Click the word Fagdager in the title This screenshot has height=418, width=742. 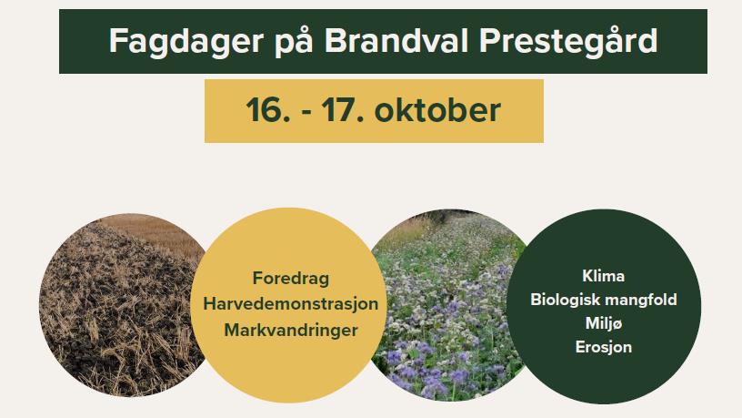pyautogui.click(x=186, y=42)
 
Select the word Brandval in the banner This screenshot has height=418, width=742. pyautogui.click(x=396, y=40)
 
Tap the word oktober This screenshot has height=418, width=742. pyautogui.click(x=437, y=110)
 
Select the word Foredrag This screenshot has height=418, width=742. pyautogui.click(x=291, y=278)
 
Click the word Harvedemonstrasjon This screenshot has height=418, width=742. pyautogui.click(x=291, y=304)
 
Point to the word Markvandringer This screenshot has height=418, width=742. pyautogui.click(x=291, y=331)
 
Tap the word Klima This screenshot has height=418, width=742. pyautogui.click(x=604, y=276)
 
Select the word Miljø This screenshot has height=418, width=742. pyautogui.click(x=604, y=323)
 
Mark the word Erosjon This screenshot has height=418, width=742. pyautogui.click(x=604, y=347)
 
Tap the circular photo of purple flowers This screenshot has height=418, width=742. pyautogui.click(x=447, y=306)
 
